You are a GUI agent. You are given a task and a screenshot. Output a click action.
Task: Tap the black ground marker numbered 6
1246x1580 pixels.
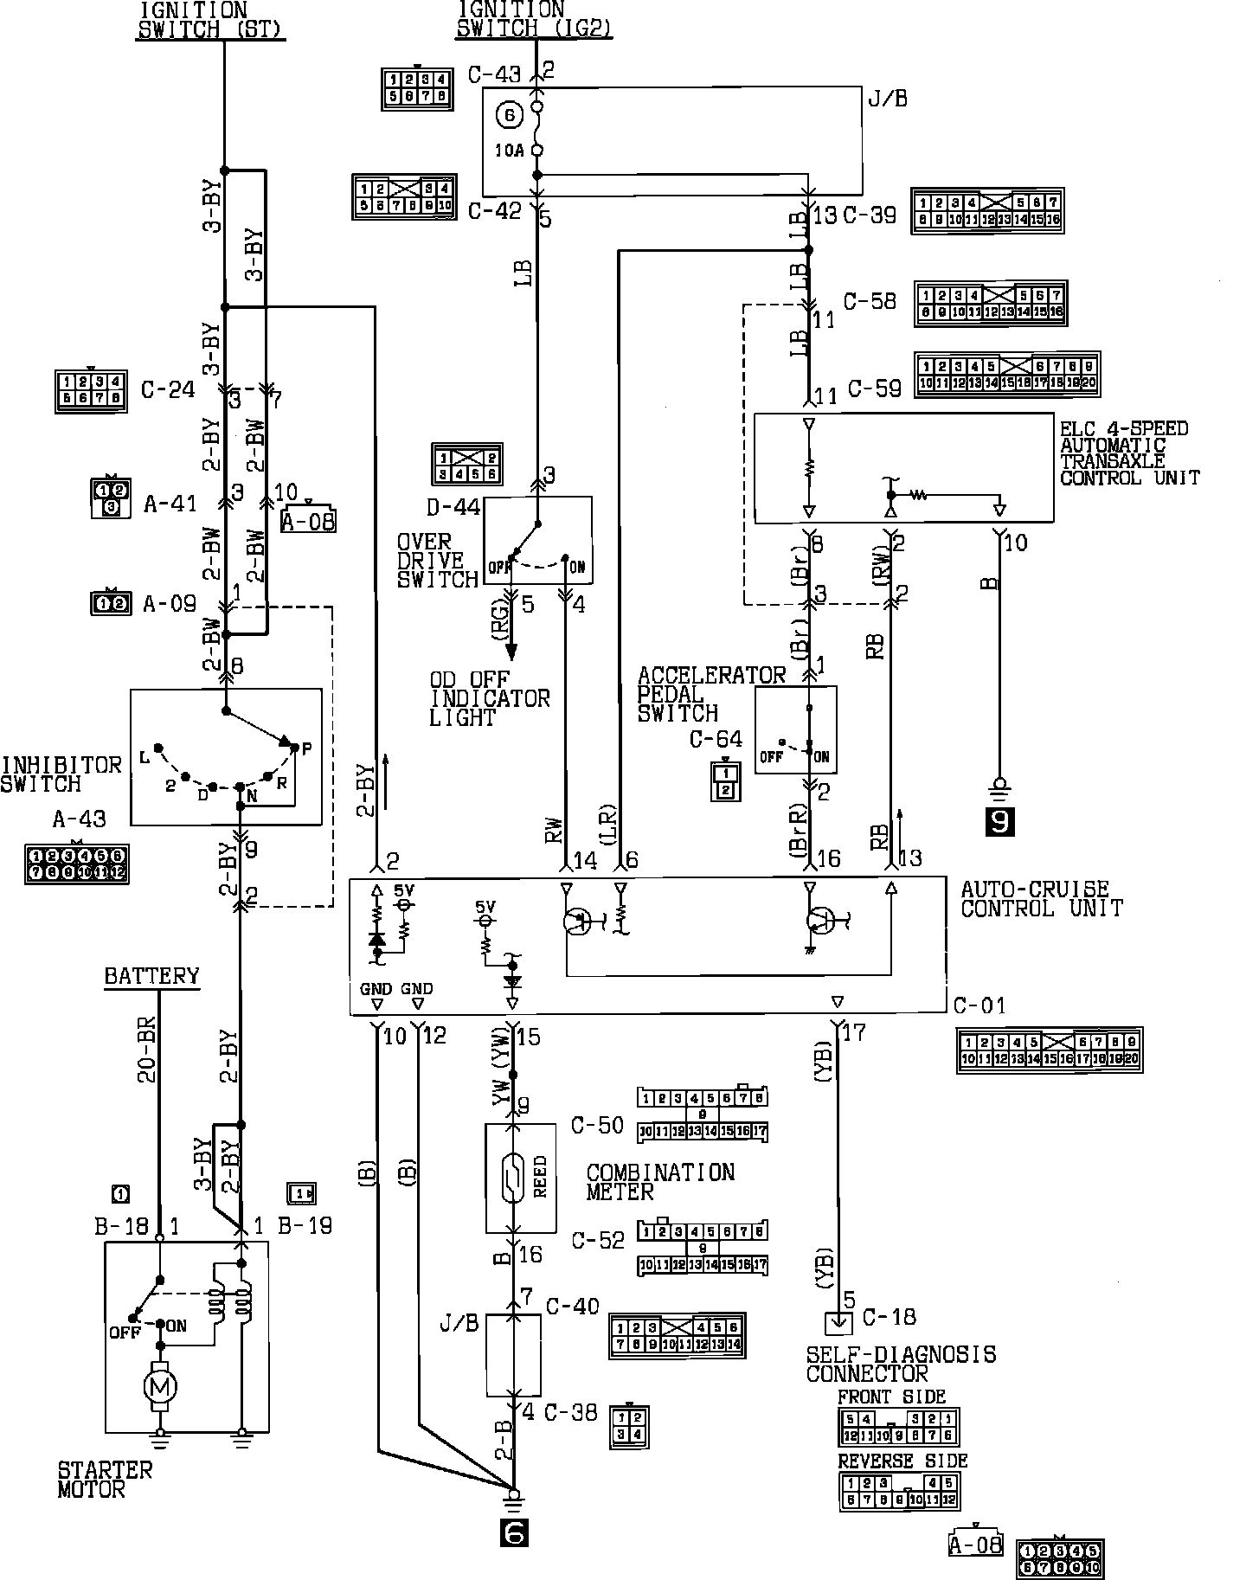(514, 1533)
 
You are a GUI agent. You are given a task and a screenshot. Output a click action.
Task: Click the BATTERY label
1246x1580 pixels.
(151, 977)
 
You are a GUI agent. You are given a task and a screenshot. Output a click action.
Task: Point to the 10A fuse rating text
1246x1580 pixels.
(510, 151)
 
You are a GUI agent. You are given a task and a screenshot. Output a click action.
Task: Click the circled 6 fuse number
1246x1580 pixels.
(509, 113)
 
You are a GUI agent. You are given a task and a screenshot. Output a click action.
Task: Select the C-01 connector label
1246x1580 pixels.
(979, 1006)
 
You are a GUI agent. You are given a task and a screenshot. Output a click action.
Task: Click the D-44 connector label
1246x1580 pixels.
(453, 508)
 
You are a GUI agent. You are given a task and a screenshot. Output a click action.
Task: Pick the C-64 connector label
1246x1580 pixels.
(716, 739)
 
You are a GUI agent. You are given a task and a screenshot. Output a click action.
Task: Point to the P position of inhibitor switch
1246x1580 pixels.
(305, 747)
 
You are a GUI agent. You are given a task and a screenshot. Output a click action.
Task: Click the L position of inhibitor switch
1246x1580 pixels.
(144, 758)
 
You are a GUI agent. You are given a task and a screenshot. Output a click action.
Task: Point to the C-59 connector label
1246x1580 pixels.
(874, 389)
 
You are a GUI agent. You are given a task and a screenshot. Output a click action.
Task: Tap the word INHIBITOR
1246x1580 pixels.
(61, 765)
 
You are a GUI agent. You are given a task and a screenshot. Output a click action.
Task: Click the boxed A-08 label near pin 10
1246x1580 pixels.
(308, 520)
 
